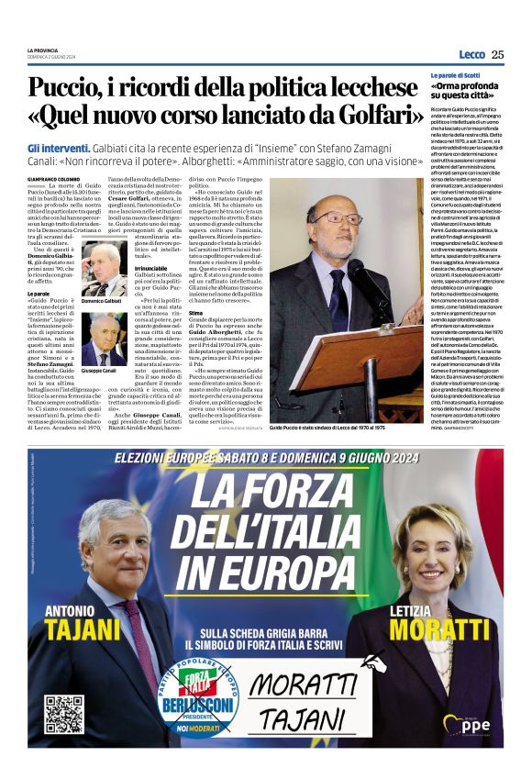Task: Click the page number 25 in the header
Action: pos(497,54)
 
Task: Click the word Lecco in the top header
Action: pos(471,54)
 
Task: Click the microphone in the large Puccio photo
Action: pos(360,279)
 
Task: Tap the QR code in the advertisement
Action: pos(63,713)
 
